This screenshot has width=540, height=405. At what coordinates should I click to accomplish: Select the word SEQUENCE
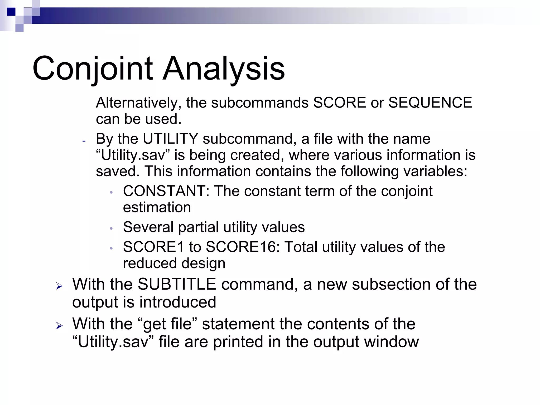(x=430, y=103)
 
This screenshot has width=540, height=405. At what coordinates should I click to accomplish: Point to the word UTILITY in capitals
(x=170, y=139)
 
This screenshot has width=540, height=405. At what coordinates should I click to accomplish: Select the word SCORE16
(x=243, y=247)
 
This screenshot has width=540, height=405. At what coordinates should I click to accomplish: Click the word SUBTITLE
(x=177, y=285)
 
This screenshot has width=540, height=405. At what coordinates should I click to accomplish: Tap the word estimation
(x=157, y=207)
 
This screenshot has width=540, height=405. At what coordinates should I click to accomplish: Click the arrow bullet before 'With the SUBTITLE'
(x=59, y=286)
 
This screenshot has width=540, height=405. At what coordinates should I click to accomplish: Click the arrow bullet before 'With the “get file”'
(x=59, y=326)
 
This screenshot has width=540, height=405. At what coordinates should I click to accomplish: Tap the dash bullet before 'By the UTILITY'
(x=84, y=141)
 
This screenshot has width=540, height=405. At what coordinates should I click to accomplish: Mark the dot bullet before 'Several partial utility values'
(x=111, y=228)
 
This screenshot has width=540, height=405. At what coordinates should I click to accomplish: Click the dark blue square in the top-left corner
(x=11, y=12)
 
